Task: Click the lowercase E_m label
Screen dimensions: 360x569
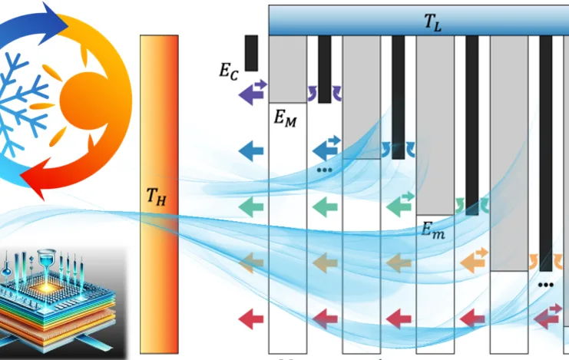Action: click(433, 228)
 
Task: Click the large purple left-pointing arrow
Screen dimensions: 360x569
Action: click(251, 94)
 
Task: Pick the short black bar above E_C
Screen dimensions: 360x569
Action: click(251, 52)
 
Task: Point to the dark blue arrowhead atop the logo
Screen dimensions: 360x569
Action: click(55, 15)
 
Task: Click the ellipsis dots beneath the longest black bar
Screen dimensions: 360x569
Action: click(546, 284)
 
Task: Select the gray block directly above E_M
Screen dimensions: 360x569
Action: click(288, 68)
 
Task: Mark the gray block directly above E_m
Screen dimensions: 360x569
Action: click(435, 123)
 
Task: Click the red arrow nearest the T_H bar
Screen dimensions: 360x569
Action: click(251, 317)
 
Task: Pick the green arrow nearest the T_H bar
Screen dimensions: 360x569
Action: click(251, 206)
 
